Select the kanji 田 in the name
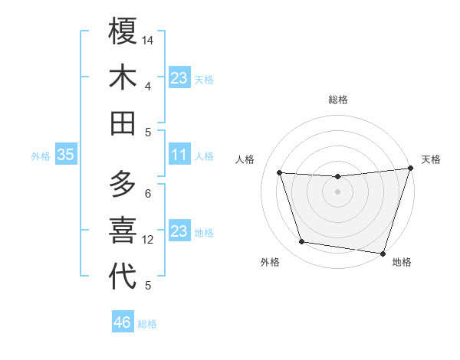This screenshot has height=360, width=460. pyautogui.click(x=123, y=123)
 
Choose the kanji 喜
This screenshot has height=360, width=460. pyautogui.click(x=123, y=230)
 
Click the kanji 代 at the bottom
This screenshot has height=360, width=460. pyautogui.click(x=123, y=276)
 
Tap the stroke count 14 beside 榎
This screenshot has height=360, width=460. pyautogui.click(x=148, y=39)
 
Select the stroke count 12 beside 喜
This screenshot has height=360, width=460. pyautogui.click(x=148, y=240)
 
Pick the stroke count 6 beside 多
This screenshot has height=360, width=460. pyautogui.click(x=148, y=193)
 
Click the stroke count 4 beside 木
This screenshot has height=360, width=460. pyautogui.click(x=148, y=86)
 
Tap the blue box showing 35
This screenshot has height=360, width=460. pyautogui.click(x=65, y=155)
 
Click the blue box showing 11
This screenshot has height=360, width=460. pyautogui.click(x=179, y=155)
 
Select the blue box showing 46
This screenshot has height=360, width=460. pyautogui.click(x=123, y=322)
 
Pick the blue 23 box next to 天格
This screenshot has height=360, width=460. pyautogui.click(x=179, y=77)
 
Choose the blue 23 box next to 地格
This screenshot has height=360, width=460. pyautogui.click(x=179, y=231)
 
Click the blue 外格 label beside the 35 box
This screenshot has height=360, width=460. pyautogui.click(x=41, y=156)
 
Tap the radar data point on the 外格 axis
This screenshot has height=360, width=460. pyautogui.click(x=301, y=242)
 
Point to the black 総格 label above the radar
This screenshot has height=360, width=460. pyautogui.click(x=337, y=100)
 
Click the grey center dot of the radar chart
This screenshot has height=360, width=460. pyautogui.click(x=337, y=191)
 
